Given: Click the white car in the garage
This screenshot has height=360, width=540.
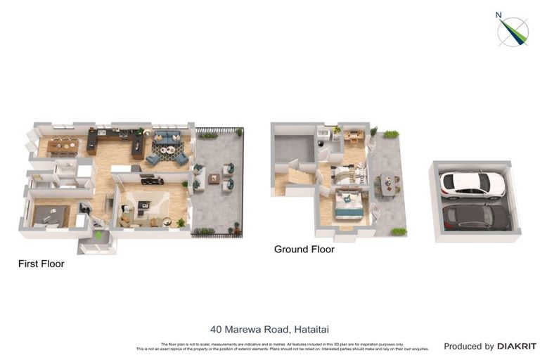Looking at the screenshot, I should [472, 184].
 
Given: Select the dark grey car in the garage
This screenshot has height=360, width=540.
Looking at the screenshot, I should [475, 217].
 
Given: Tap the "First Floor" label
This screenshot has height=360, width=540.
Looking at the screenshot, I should [41, 264].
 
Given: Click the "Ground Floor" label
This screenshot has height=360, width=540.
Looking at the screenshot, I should [304, 249].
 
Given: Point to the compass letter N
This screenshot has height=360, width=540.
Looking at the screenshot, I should [499, 15].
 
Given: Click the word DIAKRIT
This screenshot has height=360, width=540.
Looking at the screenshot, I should [516, 346].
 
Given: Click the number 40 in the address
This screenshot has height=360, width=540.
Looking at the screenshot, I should [217, 329].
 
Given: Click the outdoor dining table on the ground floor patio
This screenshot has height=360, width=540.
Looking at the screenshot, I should [387, 184].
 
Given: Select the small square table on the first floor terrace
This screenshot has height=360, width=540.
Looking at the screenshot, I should [213, 179].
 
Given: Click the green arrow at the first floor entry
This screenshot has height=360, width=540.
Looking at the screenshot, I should [98, 235].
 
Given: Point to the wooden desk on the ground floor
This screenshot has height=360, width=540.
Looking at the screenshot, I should [354, 133].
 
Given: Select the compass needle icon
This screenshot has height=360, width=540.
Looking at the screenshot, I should [513, 32].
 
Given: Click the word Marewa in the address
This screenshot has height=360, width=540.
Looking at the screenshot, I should [243, 329].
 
